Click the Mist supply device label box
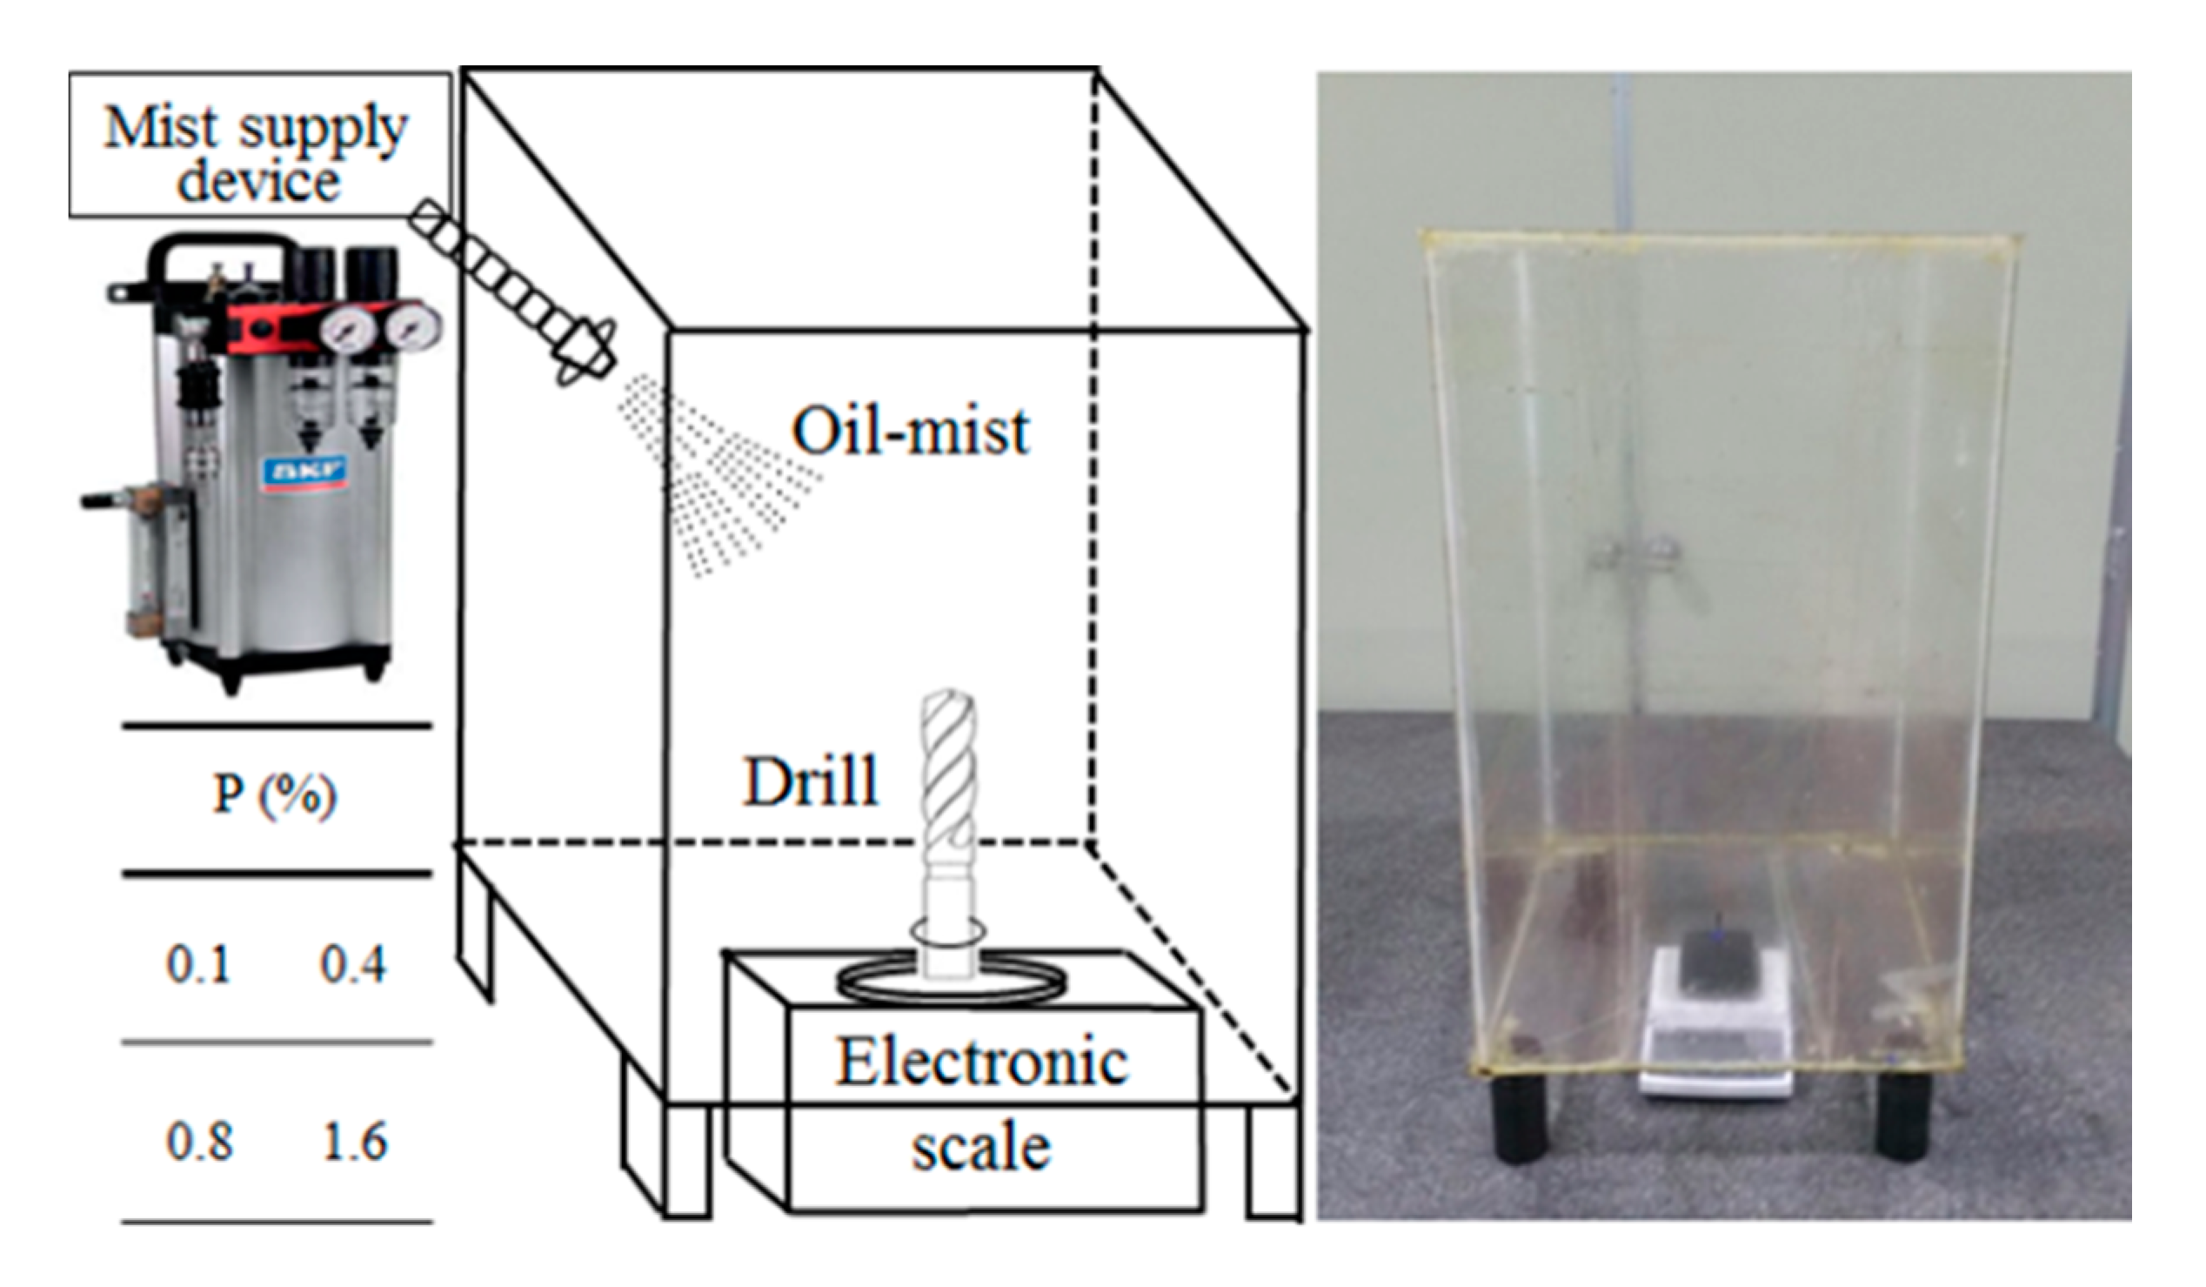[x=259, y=145]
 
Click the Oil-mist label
[x=911, y=431]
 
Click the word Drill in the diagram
[x=810, y=781]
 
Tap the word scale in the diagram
[x=980, y=1149]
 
